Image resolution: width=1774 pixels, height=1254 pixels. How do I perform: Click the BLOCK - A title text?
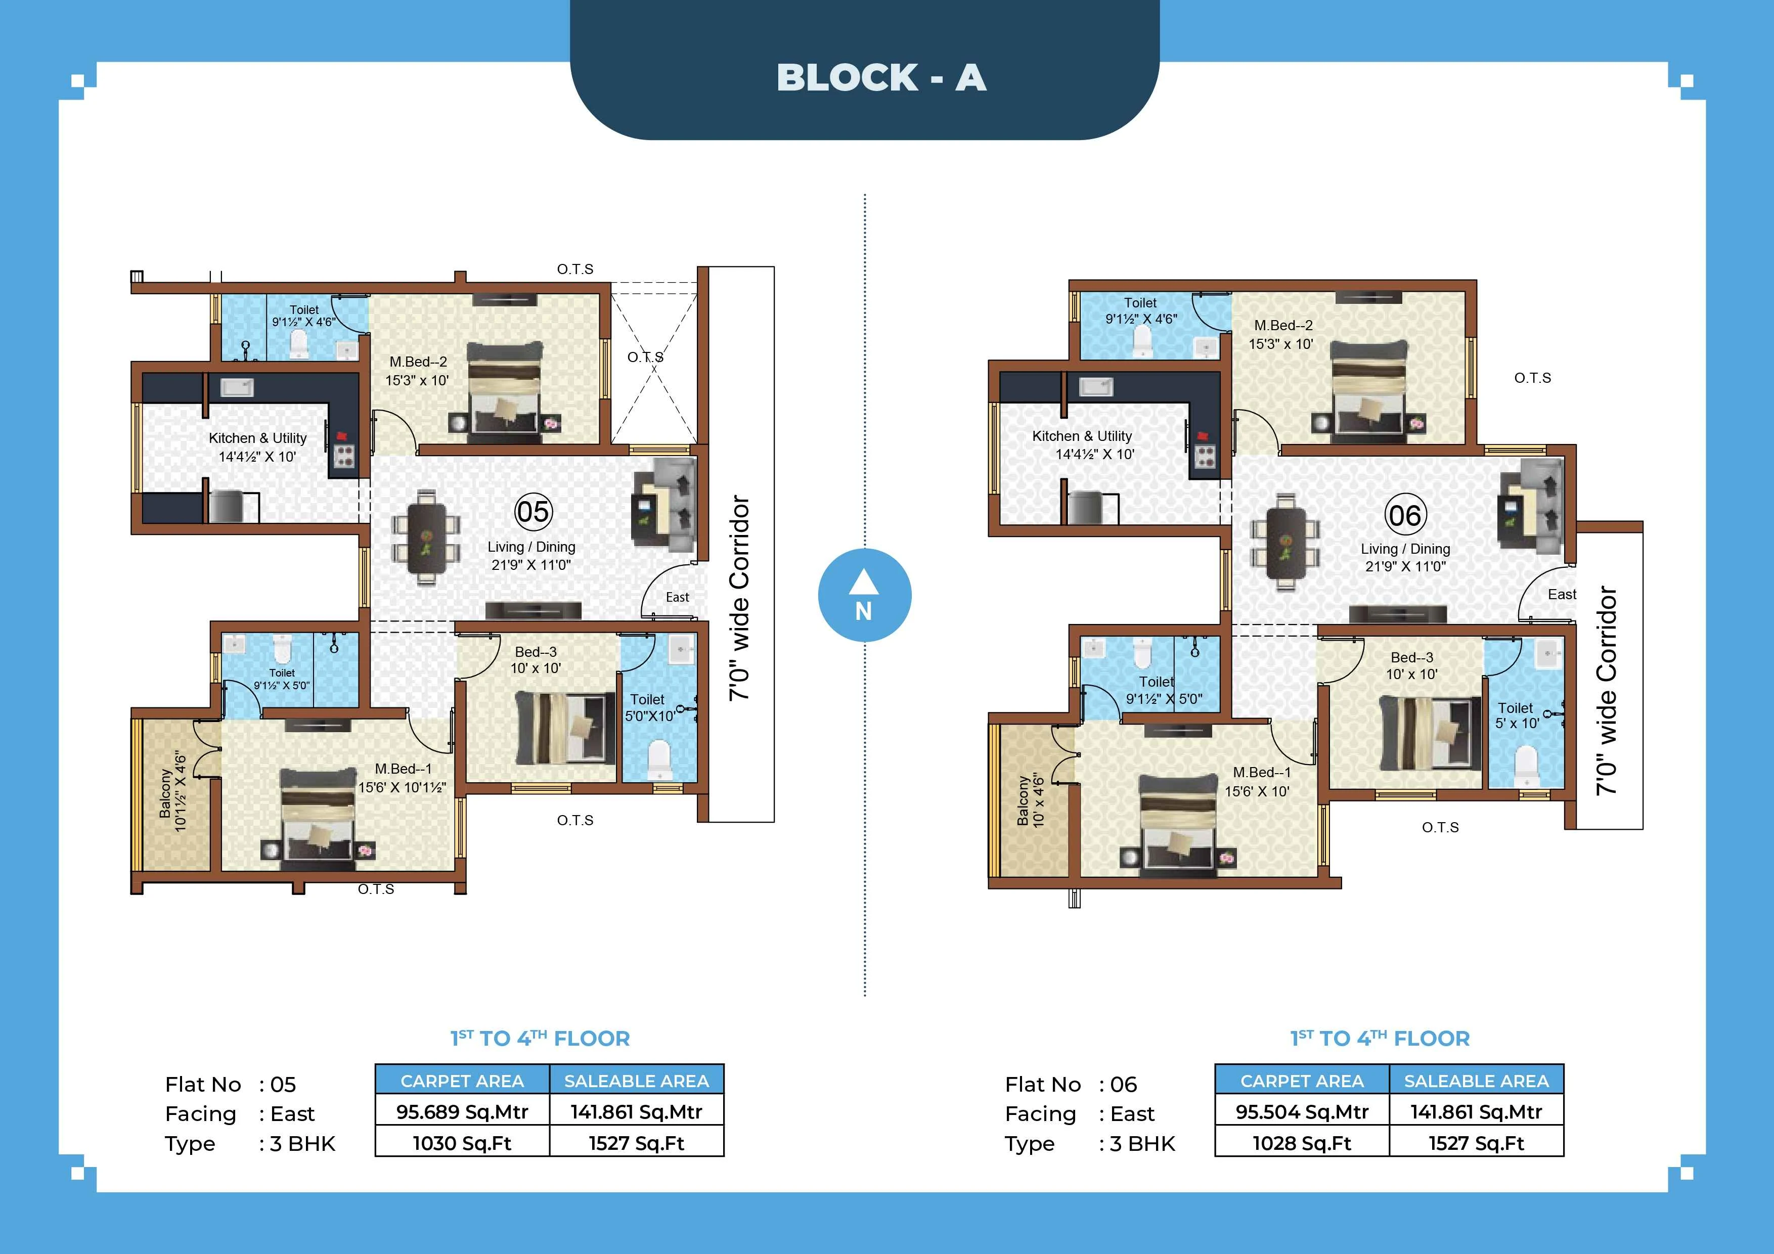(881, 78)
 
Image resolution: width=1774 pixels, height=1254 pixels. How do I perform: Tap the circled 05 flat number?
(533, 512)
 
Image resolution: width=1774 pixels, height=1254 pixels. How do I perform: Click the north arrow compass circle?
(864, 596)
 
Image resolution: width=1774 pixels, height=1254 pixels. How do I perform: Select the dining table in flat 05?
(426, 535)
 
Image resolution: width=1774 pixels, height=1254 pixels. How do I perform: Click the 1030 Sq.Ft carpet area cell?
(462, 1143)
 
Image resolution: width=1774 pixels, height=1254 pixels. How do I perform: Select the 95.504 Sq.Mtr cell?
(1302, 1112)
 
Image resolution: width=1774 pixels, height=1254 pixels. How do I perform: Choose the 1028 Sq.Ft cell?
(1302, 1143)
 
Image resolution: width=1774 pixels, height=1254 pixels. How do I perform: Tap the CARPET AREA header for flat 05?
(462, 1081)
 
